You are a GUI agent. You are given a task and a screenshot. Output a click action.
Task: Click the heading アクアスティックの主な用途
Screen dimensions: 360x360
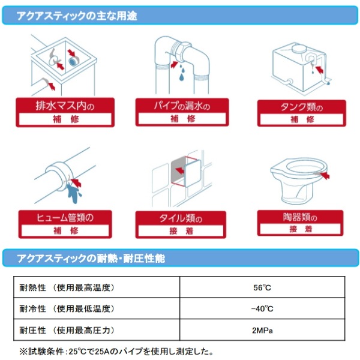pos(77,16)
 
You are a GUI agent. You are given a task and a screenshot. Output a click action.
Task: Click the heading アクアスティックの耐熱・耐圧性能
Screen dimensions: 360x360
pos(91,259)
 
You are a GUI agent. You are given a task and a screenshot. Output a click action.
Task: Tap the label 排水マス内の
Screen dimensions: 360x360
pos(65,106)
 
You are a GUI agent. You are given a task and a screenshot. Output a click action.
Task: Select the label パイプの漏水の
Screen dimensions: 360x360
pos(182,106)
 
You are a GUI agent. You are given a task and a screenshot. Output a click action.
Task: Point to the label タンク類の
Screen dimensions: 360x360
pos(302,107)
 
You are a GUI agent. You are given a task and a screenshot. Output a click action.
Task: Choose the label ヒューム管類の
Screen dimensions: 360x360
pos(65,217)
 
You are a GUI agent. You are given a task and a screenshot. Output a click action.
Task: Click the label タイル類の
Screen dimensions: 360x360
pos(181,218)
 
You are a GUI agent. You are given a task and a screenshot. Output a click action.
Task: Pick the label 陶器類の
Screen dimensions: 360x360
pos(300,217)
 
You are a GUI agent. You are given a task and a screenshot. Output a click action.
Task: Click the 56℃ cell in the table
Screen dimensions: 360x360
pos(262,287)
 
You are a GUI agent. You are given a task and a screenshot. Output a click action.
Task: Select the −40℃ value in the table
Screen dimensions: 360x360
pos(262,309)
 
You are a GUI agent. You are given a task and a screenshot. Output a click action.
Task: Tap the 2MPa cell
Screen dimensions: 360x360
pos(262,331)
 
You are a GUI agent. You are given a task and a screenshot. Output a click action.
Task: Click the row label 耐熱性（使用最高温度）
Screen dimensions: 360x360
pos(67,287)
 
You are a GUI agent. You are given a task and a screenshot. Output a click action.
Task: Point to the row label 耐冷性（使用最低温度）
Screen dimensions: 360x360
pos(67,309)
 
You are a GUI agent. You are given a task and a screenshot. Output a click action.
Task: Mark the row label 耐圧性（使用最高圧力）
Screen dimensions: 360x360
pos(67,331)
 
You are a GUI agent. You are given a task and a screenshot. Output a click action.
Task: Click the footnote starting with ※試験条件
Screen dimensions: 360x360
pos(116,351)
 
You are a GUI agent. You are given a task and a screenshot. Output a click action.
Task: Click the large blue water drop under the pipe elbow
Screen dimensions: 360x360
pos(182,77)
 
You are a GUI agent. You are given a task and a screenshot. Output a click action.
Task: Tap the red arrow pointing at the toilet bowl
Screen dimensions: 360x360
pos(325,175)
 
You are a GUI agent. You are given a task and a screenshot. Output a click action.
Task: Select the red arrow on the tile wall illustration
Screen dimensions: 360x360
pos(179,170)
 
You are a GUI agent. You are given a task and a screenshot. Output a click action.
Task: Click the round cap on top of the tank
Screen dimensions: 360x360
pos(299,48)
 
